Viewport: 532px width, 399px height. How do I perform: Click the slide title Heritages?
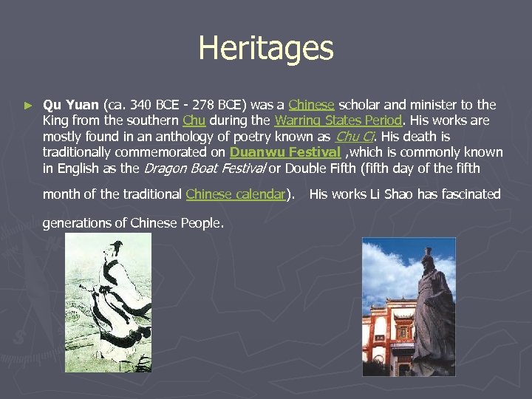[x=266, y=49]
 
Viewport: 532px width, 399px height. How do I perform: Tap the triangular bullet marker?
[x=28, y=106]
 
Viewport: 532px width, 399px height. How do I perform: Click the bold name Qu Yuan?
[x=71, y=104]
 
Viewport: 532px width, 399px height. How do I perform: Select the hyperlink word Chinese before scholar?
[x=311, y=104]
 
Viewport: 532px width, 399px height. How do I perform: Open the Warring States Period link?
[x=338, y=120]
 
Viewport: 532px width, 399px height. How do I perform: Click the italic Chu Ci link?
[x=355, y=137]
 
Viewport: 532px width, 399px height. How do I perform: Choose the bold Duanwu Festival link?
[x=285, y=153]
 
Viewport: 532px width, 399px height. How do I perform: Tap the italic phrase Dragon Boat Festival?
[x=204, y=168]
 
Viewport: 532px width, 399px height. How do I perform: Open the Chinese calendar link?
[x=236, y=194]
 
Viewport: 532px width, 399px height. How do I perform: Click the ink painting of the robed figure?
[x=108, y=303]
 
